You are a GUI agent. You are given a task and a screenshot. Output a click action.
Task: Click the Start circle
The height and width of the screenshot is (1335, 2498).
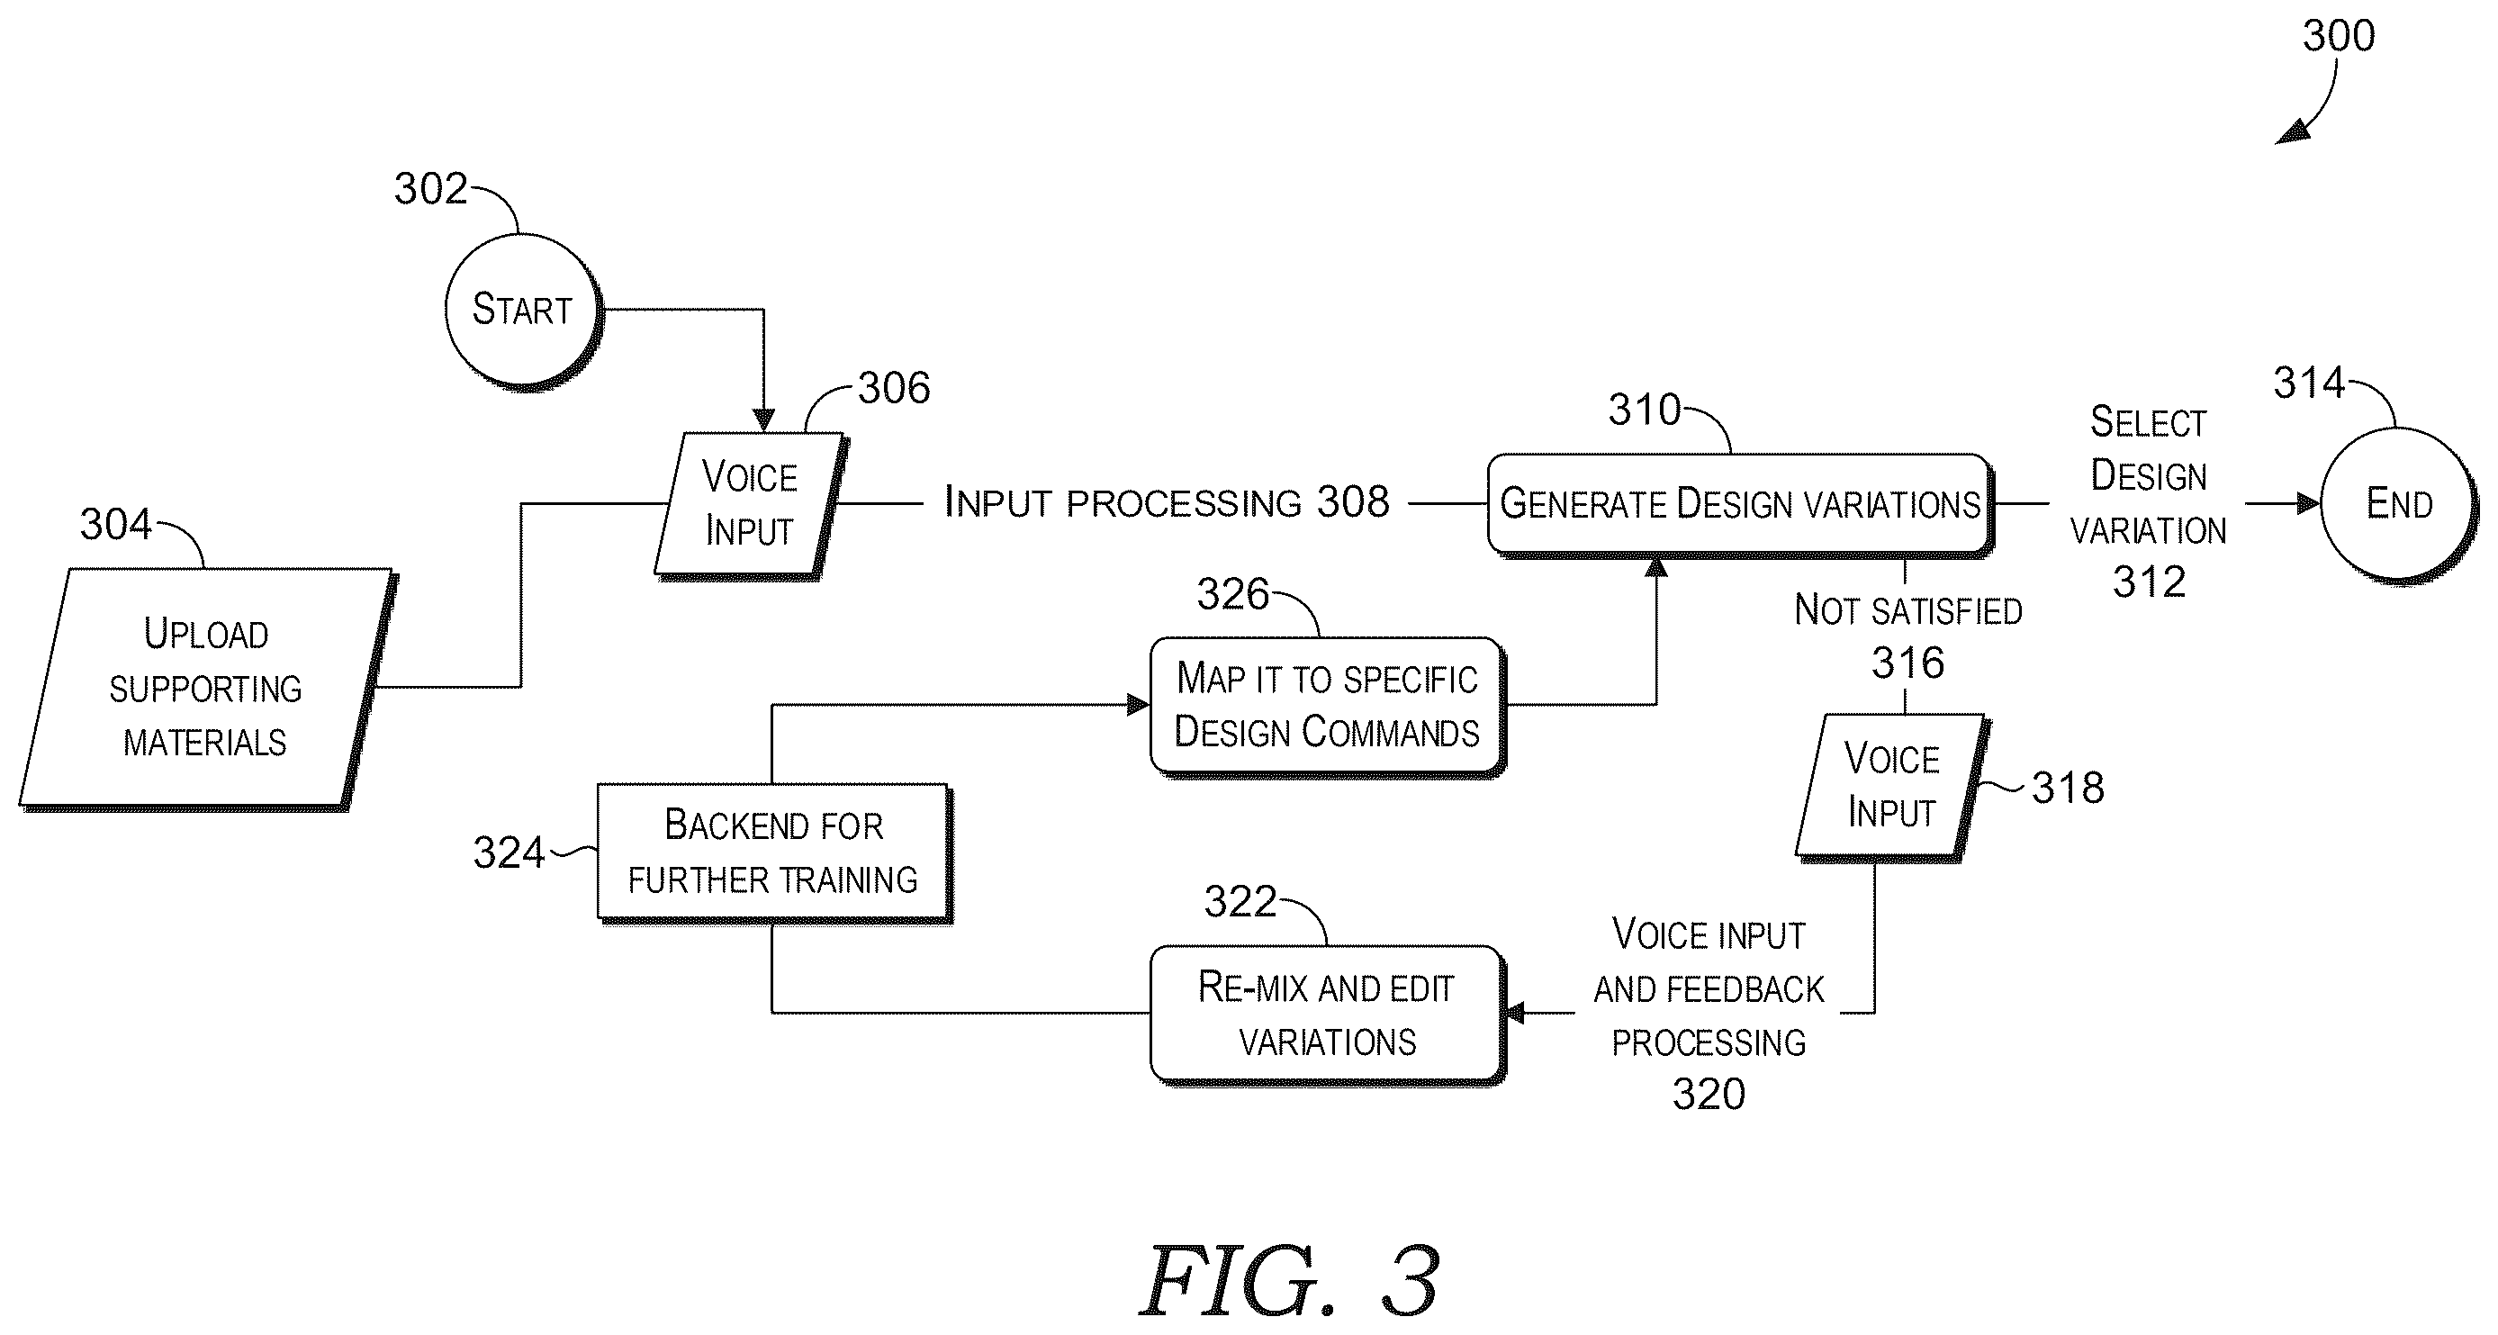pyautogui.click(x=522, y=311)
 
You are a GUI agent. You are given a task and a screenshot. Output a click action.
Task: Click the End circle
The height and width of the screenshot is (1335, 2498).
pyautogui.click(x=2398, y=504)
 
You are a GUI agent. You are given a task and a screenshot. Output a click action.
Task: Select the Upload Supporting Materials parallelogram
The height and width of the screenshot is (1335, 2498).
pyautogui.click(x=205, y=689)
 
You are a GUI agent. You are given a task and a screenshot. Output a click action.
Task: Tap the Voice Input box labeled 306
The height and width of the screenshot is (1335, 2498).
pyautogui.click(x=750, y=504)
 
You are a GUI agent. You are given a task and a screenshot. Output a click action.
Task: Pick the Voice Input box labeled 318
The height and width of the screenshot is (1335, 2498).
pyautogui.click(x=1891, y=786)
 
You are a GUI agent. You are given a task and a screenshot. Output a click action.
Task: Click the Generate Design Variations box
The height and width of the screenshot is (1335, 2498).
pyautogui.click(x=1740, y=504)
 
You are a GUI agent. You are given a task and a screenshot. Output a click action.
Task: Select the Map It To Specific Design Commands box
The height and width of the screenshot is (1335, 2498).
pyautogui.click(x=1327, y=706)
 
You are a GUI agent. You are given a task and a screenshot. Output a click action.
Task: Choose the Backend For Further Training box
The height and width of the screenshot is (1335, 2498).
pyautogui.click(x=774, y=852)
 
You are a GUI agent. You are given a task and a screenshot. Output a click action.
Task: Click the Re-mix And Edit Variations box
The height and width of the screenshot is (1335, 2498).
pyautogui.click(x=1327, y=1015)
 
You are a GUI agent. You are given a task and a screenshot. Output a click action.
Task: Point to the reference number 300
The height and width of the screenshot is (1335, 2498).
pyautogui.click(x=2338, y=36)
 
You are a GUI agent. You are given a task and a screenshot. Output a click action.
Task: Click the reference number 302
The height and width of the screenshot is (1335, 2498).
pyautogui.click(x=430, y=189)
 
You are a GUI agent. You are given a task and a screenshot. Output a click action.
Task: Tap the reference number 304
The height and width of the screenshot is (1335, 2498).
pyautogui.click(x=115, y=525)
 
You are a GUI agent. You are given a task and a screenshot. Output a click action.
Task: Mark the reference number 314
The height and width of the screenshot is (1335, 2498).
pyautogui.click(x=2309, y=383)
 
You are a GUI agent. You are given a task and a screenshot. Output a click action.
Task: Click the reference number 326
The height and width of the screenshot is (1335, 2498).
pyautogui.click(x=1232, y=594)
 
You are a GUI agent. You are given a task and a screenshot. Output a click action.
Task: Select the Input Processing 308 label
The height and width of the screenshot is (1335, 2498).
pyautogui.click(x=1167, y=502)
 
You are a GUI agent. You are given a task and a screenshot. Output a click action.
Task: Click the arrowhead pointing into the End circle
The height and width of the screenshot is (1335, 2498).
pyautogui.click(x=2309, y=504)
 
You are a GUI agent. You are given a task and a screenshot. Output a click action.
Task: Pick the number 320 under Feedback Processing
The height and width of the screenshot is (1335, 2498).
pyautogui.click(x=1709, y=1095)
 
